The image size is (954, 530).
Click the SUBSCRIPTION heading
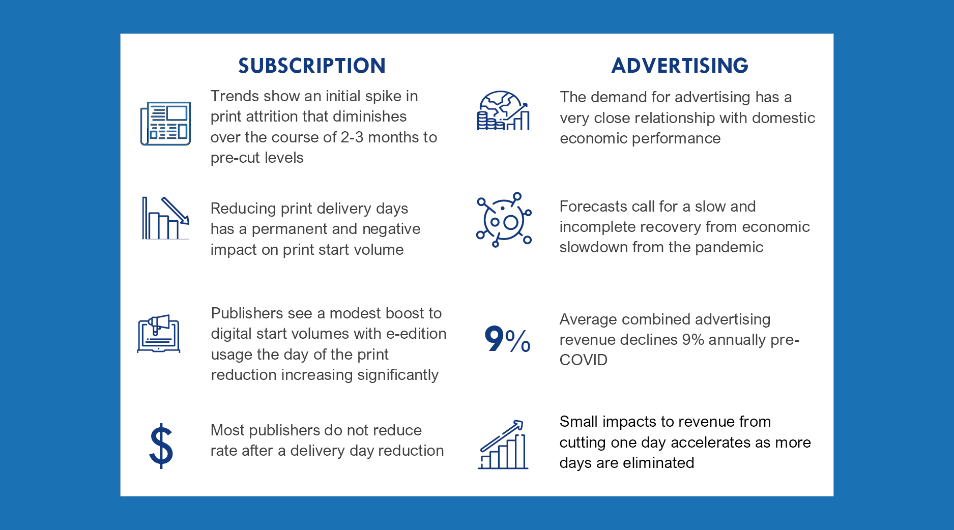(x=312, y=66)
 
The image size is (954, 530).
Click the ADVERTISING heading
(x=680, y=66)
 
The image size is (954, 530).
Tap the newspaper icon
(x=165, y=123)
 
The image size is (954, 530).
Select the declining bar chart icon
(x=165, y=218)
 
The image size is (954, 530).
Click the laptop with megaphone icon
(x=159, y=334)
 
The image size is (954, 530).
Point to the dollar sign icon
(x=161, y=446)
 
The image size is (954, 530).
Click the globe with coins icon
(x=503, y=111)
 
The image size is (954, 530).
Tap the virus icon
(x=504, y=220)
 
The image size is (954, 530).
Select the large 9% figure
(x=507, y=339)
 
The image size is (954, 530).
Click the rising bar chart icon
(x=503, y=444)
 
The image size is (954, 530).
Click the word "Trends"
(x=235, y=96)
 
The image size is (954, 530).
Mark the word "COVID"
(x=584, y=360)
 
